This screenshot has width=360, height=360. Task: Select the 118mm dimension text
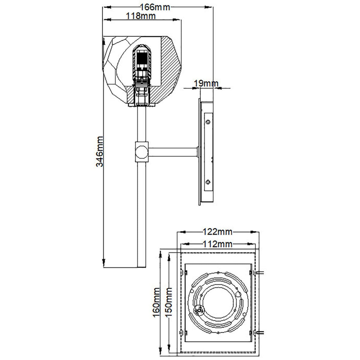coord(140,16)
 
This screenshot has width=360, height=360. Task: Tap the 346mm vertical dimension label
coord(100,151)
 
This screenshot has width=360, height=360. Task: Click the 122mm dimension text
coord(217,232)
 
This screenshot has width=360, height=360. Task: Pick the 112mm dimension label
coord(218,244)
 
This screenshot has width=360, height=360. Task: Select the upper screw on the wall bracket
coord(208,122)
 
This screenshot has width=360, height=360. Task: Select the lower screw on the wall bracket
coord(208,182)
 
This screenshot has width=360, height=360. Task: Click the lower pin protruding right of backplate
coord(260,332)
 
